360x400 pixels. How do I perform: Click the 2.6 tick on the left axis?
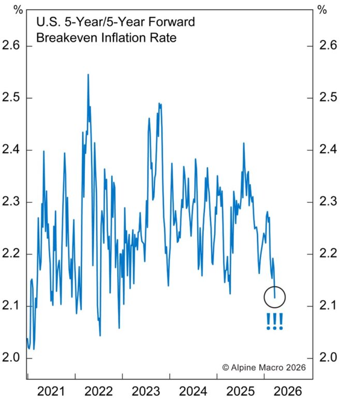pos(12,46)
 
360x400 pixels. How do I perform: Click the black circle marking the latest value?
pos(275,297)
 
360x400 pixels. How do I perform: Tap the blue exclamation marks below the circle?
pos(275,321)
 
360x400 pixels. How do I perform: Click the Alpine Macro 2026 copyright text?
pos(264,367)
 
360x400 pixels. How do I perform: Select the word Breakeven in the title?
pos(61,38)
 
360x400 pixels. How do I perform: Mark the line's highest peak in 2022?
pos(88,75)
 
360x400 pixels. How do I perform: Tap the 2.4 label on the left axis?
pos(12,150)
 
